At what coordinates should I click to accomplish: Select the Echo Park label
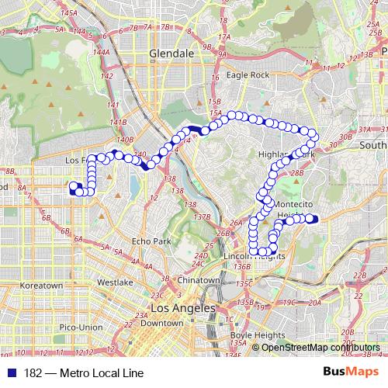pos(151,241)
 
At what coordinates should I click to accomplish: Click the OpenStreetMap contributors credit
pos(320,347)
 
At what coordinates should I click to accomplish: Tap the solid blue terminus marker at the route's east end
pos(314,219)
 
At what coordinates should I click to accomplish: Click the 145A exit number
pos(68,13)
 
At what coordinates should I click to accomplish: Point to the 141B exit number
pos(118,122)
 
